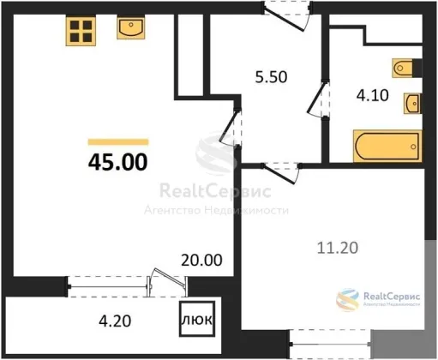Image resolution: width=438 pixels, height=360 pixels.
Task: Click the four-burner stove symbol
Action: (x=81, y=31)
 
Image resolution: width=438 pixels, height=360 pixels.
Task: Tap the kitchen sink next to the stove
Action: (x=130, y=27)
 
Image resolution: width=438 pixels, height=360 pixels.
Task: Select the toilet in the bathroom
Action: (x=403, y=68)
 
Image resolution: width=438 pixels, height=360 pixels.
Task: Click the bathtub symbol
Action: (x=387, y=146)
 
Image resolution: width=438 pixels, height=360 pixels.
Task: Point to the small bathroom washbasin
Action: (x=412, y=104)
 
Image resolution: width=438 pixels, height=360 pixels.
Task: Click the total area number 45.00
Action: (x=118, y=162)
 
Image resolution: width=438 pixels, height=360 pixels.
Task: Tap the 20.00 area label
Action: (x=201, y=261)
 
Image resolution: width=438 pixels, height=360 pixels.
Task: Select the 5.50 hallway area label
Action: (x=271, y=77)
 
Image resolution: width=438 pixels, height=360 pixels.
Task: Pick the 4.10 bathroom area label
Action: (x=373, y=95)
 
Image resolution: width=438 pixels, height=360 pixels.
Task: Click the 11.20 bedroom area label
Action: (x=338, y=248)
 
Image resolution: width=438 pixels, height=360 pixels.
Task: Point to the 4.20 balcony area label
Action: (x=115, y=321)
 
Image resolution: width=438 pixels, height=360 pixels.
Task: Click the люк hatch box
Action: (x=197, y=319)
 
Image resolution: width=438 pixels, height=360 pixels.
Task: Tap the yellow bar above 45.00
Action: (x=118, y=141)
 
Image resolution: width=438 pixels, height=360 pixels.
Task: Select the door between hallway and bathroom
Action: (x=318, y=99)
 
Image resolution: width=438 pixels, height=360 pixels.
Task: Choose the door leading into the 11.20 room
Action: (x=281, y=173)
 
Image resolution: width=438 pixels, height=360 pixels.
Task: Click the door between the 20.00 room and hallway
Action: (x=231, y=127)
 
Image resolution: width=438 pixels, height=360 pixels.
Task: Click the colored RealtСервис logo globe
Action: (x=348, y=300)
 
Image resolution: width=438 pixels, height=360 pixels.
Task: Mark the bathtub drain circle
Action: (x=413, y=147)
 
